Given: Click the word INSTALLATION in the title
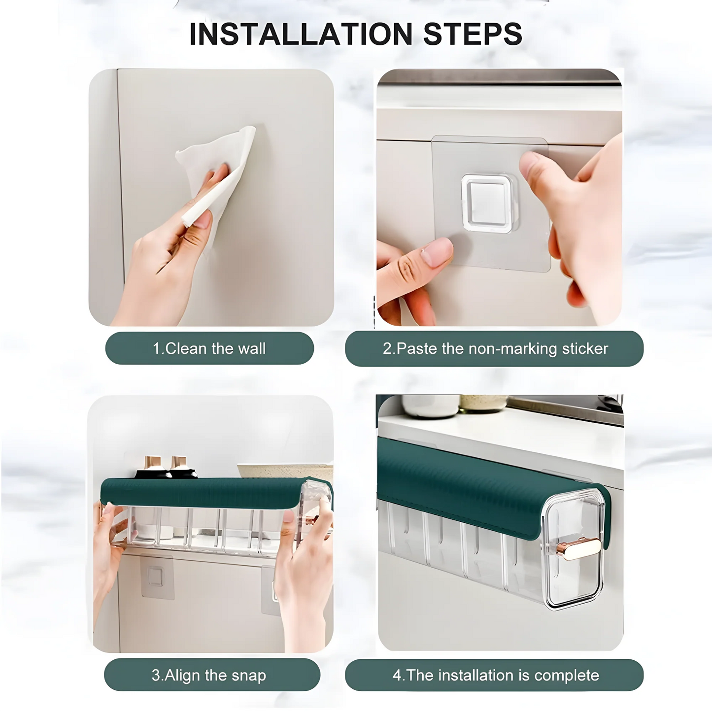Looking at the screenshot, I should [301, 34].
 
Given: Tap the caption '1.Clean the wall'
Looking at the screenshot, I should [209, 348].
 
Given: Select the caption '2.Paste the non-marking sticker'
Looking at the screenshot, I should [495, 348].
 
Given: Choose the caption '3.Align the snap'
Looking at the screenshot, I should [209, 675].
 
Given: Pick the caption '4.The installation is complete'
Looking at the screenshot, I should [495, 675].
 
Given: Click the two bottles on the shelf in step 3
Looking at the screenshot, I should [166, 467].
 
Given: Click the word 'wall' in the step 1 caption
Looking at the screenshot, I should [252, 348].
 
